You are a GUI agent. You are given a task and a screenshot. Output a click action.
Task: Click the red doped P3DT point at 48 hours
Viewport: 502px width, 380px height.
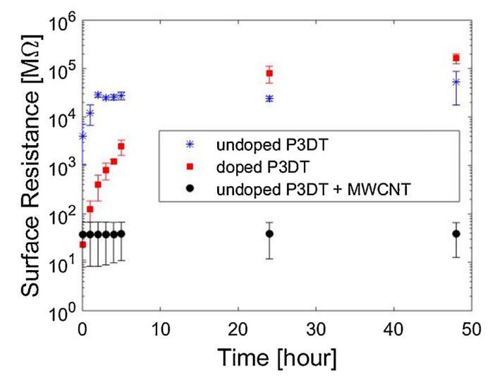(x=456, y=58)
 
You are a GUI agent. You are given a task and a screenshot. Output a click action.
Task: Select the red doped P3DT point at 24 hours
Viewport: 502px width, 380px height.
(x=269, y=73)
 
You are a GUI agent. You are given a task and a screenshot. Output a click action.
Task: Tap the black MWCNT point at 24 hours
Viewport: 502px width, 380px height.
(x=269, y=233)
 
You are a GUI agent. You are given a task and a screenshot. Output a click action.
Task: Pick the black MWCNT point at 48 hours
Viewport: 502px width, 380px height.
(x=456, y=234)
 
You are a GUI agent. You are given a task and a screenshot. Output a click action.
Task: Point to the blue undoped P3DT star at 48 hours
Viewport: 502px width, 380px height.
(x=456, y=82)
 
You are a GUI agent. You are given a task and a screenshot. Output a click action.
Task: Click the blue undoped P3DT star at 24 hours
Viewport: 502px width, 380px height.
(x=269, y=99)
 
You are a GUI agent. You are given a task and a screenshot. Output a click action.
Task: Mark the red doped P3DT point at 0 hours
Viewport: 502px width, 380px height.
(x=82, y=245)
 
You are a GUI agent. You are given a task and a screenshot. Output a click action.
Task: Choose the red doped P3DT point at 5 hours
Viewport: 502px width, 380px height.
(x=121, y=147)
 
